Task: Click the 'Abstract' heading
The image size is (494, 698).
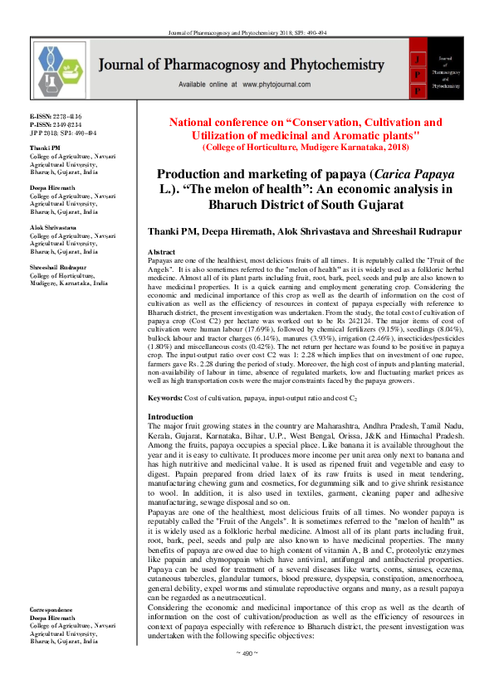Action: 161,251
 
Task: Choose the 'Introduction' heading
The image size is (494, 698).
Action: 170,416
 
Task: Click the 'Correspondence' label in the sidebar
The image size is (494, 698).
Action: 52,609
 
